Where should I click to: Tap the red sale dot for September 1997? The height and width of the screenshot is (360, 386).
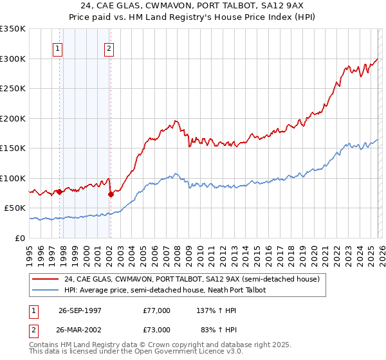(x=60, y=192)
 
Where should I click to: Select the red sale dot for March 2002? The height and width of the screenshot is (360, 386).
(x=111, y=194)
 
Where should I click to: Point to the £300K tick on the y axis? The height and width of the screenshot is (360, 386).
(x=13, y=59)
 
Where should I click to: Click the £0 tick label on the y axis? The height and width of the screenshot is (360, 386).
(x=21, y=238)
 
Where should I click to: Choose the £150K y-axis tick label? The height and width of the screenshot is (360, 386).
(x=13, y=148)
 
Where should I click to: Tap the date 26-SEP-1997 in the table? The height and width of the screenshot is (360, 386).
(x=80, y=310)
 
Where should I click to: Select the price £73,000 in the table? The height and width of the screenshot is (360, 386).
(x=157, y=330)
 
